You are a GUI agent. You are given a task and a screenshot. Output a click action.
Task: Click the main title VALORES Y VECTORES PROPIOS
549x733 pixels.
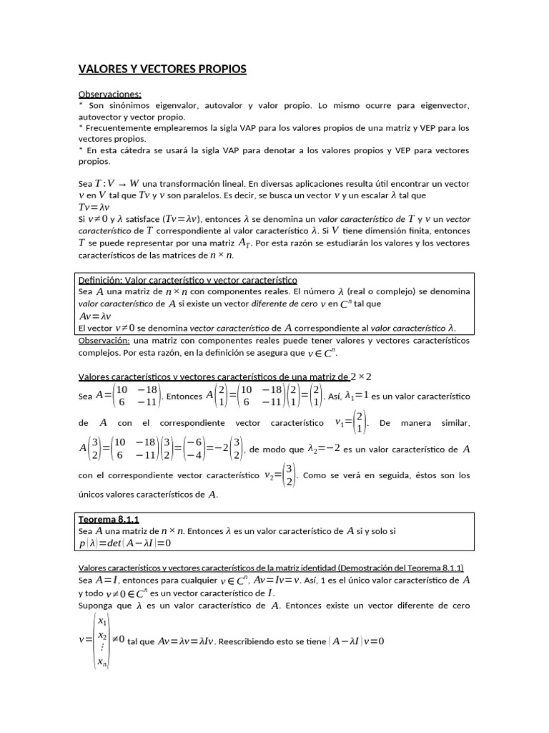(x=162, y=69)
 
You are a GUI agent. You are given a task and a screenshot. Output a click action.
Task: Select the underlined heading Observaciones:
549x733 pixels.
(x=109, y=94)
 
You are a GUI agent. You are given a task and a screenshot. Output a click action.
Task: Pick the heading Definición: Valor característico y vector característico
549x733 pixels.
(x=187, y=280)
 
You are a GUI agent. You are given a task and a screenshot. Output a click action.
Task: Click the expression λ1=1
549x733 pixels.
(x=357, y=395)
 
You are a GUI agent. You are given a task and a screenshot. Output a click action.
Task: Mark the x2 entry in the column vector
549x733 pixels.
(x=102, y=636)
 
